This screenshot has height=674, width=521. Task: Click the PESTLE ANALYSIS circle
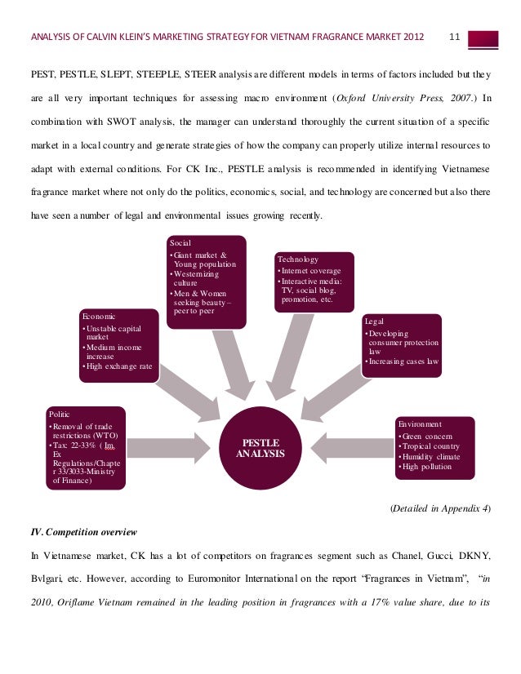260,447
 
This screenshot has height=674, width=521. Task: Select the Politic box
86,447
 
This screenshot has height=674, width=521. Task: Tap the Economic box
118,344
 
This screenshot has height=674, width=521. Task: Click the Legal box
403,346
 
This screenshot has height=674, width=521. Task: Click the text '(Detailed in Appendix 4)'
439,508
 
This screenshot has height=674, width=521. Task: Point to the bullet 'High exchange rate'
119,366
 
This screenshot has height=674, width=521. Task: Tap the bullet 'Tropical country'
430,446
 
